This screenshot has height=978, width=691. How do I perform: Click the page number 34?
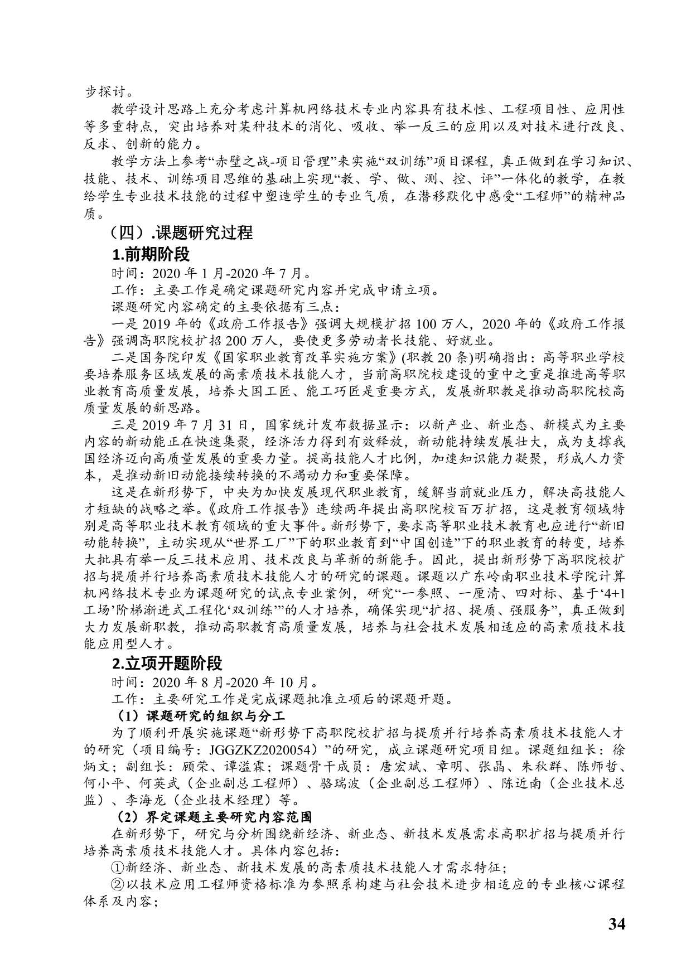616,924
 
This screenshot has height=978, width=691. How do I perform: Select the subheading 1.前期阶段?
151,254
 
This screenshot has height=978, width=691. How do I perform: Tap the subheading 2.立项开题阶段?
167,663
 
